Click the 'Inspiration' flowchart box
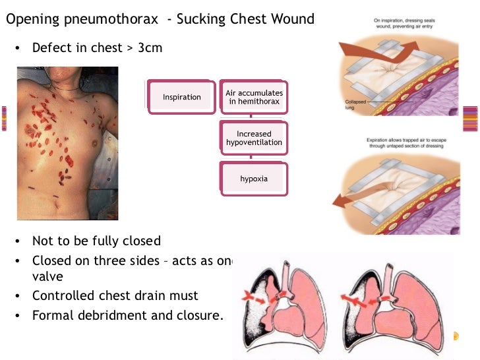coord(182,97)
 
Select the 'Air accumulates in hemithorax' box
coord(254,98)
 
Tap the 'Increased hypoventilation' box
coord(254,138)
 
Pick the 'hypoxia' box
coord(254,179)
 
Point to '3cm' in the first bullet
coord(150,48)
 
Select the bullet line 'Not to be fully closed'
coord(96,241)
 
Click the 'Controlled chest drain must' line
coord(115,296)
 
